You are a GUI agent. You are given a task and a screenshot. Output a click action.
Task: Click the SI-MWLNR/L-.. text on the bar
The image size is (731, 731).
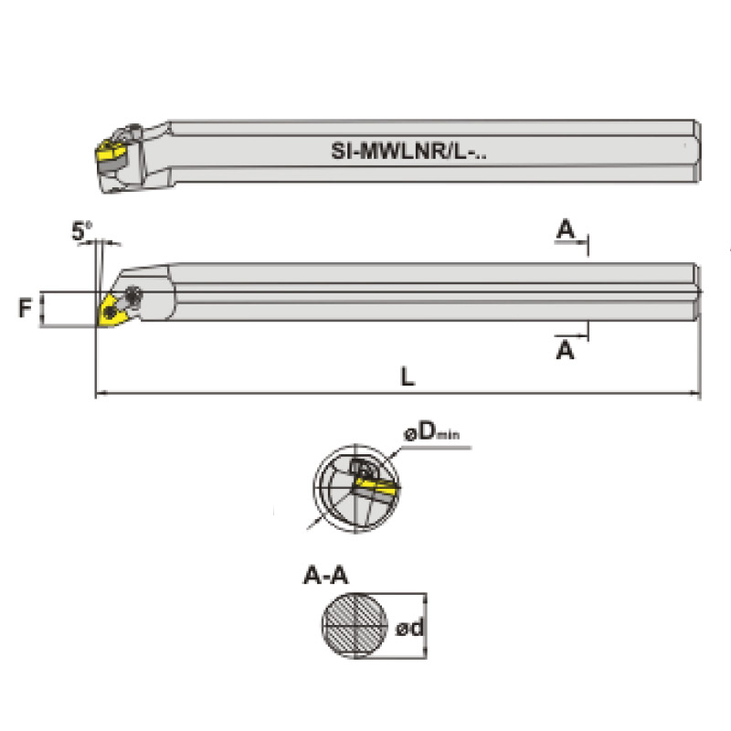[408, 151]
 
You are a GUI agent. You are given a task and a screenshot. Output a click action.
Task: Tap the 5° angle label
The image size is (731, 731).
[81, 231]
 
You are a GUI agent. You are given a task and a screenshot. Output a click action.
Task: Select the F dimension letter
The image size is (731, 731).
[25, 308]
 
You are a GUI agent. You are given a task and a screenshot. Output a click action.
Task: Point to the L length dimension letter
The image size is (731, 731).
[408, 376]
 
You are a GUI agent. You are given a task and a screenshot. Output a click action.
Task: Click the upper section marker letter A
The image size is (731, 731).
[566, 229]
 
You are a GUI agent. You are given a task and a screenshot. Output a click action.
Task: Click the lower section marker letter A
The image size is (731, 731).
[566, 350]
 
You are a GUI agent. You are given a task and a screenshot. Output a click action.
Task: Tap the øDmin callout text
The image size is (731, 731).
[431, 432]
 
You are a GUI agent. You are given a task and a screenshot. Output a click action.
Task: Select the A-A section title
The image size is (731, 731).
[325, 576]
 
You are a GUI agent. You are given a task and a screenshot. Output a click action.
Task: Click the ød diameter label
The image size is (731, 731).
[409, 628]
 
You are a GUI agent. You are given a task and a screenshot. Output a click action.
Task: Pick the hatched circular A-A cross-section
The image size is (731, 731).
[355, 625]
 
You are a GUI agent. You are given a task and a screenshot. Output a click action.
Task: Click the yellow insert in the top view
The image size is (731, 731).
[111, 151]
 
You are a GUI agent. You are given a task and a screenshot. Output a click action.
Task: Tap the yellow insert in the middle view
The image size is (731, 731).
[111, 310]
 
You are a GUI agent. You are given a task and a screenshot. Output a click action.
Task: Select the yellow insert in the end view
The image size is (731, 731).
[376, 485]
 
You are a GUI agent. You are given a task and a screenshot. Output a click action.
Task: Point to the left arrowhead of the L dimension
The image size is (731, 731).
[100, 393]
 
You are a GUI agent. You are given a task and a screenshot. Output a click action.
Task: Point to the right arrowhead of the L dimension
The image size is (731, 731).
[695, 393]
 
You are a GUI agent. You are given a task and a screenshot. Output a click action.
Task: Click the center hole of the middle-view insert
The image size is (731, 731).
[110, 312]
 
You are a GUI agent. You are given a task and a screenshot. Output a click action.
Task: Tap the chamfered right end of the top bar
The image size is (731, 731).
[696, 151]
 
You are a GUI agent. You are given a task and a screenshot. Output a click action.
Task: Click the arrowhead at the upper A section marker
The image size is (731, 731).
[583, 242]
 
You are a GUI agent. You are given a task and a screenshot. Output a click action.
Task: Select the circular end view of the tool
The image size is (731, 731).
[356, 488]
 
